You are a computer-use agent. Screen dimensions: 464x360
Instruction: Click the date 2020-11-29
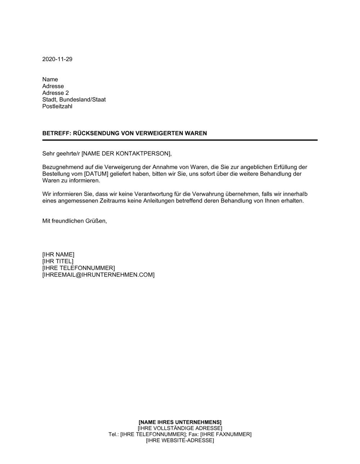pyautogui.click(x=57, y=59)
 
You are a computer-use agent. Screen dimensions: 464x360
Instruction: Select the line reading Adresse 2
pyautogui.click(x=55, y=93)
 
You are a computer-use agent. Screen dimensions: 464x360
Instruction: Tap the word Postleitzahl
pyautogui.click(x=57, y=106)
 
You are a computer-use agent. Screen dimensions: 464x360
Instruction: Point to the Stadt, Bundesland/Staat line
pyautogui.click(x=74, y=100)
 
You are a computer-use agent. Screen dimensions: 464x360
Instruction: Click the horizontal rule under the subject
pyautogui.click(x=180, y=140)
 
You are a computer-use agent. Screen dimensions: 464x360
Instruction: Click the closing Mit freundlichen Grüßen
pyautogui.click(x=75, y=221)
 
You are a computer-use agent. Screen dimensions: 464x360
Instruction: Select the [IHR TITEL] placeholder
pyautogui.click(x=58, y=261)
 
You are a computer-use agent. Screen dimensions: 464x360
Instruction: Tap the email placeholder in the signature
pyautogui.click(x=98, y=275)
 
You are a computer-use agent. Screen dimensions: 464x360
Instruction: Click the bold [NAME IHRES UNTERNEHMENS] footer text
pyautogui.click(x=180, y=422)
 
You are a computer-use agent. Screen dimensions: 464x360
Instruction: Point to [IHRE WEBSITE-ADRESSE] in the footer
pyautogui.click(x=180, y=441)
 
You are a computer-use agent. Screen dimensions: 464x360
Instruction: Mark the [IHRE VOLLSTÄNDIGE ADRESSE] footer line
pyautogui.click(x=180, y=428)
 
